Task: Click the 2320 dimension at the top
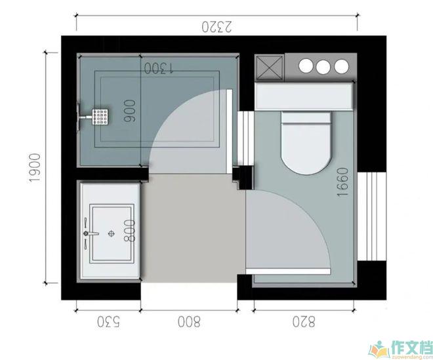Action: [x=216, y=27]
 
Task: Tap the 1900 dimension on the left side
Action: [x=35, y=168]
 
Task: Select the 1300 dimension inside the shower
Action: [x=159, y=68]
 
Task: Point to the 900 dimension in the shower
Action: [x=130, y=111]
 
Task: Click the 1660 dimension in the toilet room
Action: [x=343, y=182]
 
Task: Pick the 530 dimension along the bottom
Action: [x=108, y=322]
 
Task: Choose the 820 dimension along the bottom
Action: [x=304, y=321]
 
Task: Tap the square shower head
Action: [x=100, y=117]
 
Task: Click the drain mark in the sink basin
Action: [x=112, y=233]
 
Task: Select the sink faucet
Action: [x=91, y=233]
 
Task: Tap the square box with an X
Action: [x=269, y=67]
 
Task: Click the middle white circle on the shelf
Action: [x=323, y=67]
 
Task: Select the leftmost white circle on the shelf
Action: [x=306, y=66]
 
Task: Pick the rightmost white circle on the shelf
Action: [x=342, y=66]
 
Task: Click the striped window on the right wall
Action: [x=372, y=216]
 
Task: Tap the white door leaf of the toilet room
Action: [x=288, y=271]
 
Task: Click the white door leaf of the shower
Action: [x=229, y=131]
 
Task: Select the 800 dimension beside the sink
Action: [x=129, y=231]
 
